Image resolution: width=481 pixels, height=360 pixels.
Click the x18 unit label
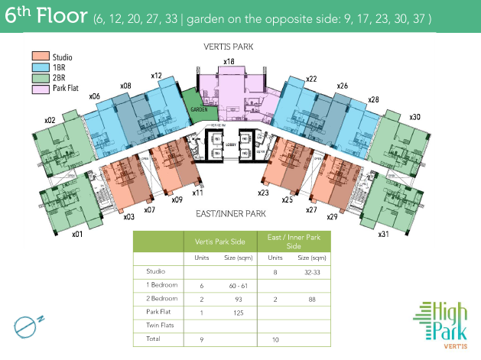click(229, 61)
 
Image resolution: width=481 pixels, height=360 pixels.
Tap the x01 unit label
click(76, 234)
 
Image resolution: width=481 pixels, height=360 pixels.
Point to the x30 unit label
click(414, 117)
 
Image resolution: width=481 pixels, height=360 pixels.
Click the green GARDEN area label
click(200, 109)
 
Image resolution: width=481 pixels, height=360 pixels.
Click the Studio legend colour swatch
click(40, 57)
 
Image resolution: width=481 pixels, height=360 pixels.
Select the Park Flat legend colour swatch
click(40, 88)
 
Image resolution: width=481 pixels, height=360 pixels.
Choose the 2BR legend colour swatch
click(40, 77)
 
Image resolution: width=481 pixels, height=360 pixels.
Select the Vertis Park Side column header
click(219, 242)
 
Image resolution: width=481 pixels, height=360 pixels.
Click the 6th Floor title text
click(47, 18)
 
